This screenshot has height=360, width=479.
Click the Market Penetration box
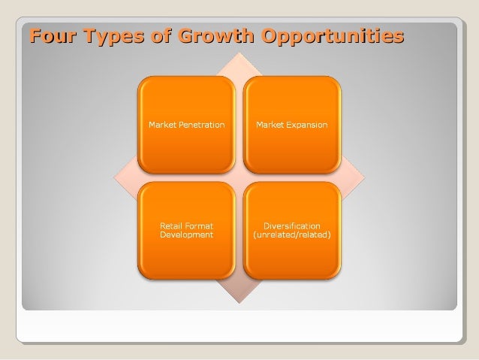tap(185, 124)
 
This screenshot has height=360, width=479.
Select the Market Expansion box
tap(292, 124)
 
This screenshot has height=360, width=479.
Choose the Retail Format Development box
tap(185, 230)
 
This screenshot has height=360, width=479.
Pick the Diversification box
tap(292, 230)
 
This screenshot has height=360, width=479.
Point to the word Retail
tap(171, 225)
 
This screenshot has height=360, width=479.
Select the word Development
tap(187, 234)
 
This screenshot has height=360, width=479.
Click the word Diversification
tap(292, 225)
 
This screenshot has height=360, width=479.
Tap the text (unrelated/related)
tap(292, 234)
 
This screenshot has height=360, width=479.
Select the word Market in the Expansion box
tap(270, 124)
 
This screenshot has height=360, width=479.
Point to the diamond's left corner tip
tap(115, 178)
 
